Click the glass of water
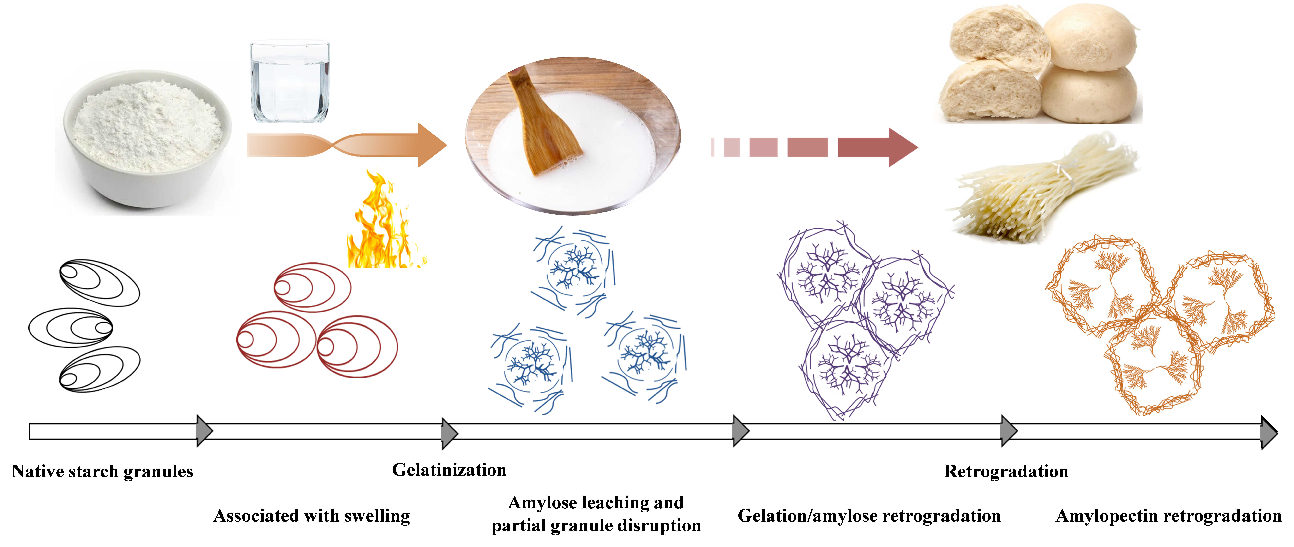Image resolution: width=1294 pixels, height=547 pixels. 290,83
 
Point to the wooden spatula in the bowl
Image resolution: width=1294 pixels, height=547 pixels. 545,125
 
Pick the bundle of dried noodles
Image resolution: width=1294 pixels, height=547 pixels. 1045,191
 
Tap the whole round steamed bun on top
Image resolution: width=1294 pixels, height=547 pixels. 1090,38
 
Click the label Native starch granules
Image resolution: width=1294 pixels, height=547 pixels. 102,472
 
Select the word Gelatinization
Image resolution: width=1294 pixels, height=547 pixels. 449,470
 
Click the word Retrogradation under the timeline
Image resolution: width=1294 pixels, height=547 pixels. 1006,472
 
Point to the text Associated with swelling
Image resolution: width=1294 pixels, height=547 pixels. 311,516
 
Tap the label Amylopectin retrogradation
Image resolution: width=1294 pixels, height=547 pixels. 1168,516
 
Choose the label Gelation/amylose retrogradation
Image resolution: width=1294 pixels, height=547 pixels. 869,516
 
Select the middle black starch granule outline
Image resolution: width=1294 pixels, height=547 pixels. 70,327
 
